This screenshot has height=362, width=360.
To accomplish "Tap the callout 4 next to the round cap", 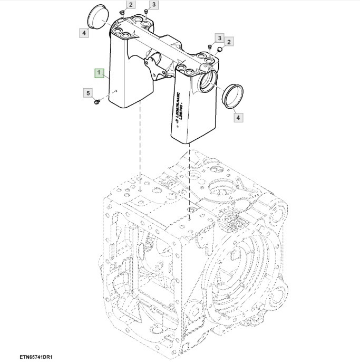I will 84,33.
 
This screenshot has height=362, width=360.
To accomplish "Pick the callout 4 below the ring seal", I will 238,118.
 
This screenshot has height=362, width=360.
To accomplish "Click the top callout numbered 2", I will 132,5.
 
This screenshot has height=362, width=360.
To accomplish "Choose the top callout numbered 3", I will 153,5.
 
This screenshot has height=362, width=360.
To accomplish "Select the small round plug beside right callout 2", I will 220,50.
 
